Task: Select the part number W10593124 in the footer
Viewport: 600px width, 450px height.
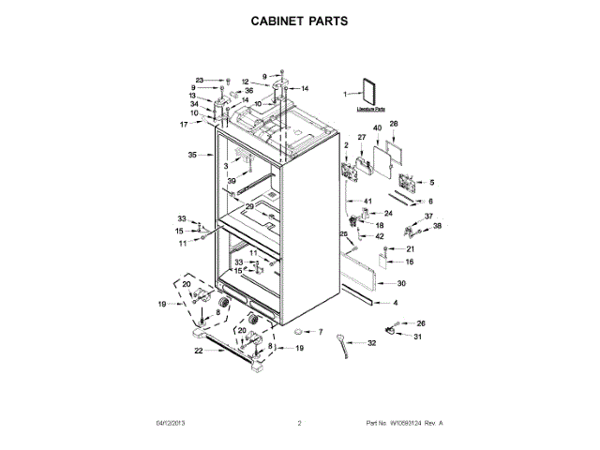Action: point(405,423)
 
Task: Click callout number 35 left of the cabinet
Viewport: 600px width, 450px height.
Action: point(192,155)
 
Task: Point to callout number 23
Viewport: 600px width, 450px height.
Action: point(199,80)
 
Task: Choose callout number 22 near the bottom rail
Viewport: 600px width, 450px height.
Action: point(198,351)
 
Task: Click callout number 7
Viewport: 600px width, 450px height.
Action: point(319,332)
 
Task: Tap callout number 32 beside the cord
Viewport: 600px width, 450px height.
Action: point(372,343)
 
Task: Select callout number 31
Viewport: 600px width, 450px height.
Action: point(419,337)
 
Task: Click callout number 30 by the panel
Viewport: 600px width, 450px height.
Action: point(401,283)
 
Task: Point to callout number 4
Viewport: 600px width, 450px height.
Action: point(395,303)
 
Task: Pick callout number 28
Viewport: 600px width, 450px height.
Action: point(394,125)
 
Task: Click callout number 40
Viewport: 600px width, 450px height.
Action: point(377,128)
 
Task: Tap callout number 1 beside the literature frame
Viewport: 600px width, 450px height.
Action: point(345,93)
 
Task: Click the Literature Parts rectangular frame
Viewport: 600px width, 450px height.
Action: point(372,92)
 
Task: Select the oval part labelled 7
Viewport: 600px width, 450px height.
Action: point(298,332)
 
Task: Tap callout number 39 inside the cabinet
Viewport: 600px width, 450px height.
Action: point(231,181)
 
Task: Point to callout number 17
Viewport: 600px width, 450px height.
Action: point(185,124)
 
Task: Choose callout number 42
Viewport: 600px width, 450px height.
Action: point(380,236)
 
